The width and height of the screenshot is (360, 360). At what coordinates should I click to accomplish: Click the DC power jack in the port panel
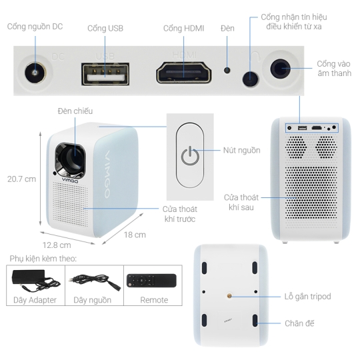pyautogui.click(x=35, y=73)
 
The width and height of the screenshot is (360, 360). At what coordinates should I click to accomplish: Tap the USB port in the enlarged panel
pyautogui.click(x=105, y=74)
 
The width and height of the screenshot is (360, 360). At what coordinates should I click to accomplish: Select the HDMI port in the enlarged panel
pyautogui.click(x=184, y=72)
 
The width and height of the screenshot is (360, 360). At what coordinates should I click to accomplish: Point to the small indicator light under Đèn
pyautogui.click(x=227, y=70)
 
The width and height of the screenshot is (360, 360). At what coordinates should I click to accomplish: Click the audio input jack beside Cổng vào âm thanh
pyautogui.click(x=280, y=69)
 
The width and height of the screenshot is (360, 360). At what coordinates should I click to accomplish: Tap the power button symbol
pyautogui.click(x=190, y=155)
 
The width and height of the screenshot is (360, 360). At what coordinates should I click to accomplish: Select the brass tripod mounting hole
pyautogui.click(x=229, y=296)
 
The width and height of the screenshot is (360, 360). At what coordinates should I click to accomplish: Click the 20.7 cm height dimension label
pyautogui.click(x=21, y=179)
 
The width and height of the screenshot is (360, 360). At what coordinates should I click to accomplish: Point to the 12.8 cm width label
pyautogui.click(x=57, y=245)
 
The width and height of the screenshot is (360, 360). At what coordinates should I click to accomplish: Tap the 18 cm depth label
pyautogui.click(x=135, y=235)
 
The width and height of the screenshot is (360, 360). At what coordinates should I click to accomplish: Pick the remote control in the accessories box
pyautogui.click(x=151, y=281)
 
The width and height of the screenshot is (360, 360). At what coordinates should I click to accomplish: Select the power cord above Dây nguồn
pyautogui.click(x=94, y=282)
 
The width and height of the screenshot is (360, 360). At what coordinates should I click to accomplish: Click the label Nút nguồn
pyautogui.click(x=242, y=151)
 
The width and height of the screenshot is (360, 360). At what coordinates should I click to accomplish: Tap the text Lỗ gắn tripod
pyautogui.click(x=307, y=297)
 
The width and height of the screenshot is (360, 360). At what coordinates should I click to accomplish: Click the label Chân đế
pyautogui.click(x=299, y=323)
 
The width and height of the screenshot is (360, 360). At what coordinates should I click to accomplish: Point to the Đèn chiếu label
pyautogui.click(x=75, y=111)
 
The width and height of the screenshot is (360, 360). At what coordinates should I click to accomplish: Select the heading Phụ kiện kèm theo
pyautogui.click(x=43, y=259)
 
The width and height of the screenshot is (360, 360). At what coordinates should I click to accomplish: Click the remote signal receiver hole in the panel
pyautogui.click(x=250, y=79)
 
